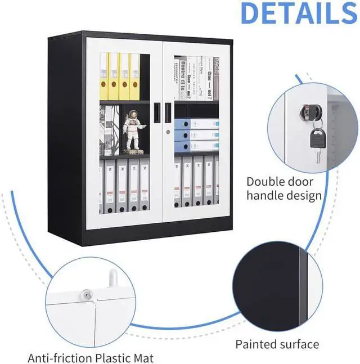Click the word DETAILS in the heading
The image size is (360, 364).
[x=298, y=14]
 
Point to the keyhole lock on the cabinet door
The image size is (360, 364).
[x=168, y=133]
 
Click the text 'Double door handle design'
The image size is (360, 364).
[x=283, y=188]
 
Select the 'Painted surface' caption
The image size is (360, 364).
[x=277, y=344]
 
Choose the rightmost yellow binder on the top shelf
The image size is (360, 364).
[x=135, y=77]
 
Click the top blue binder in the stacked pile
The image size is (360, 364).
[x=196, y=124]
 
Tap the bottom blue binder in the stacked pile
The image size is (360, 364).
[x=196, y=146]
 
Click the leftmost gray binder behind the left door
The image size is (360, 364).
[x=109, y=185]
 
